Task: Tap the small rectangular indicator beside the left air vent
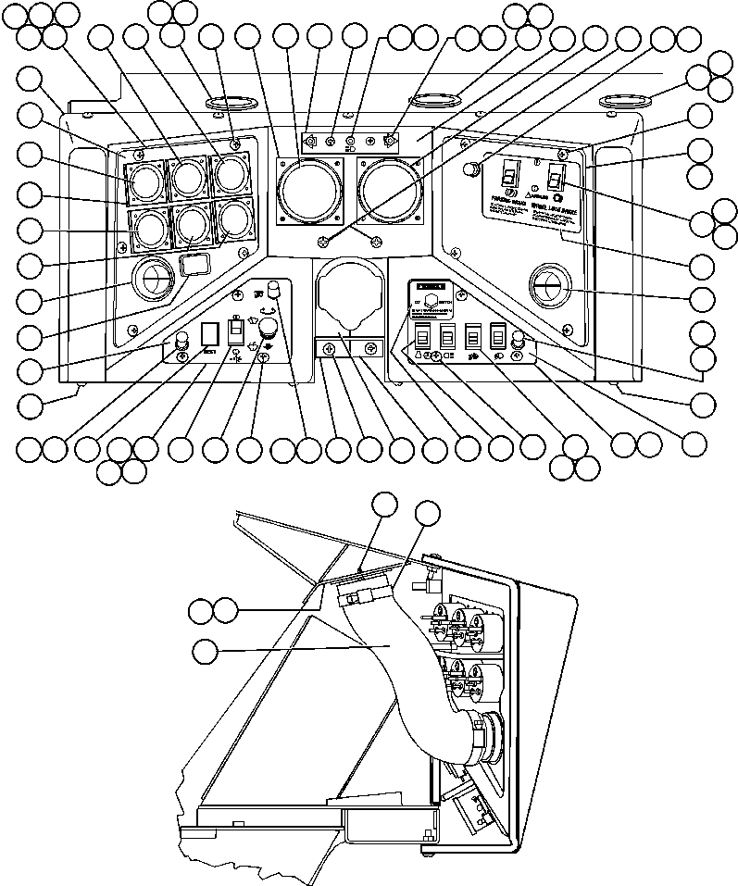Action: [x=193, y=268]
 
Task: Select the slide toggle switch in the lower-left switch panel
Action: [x=236, y=331]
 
